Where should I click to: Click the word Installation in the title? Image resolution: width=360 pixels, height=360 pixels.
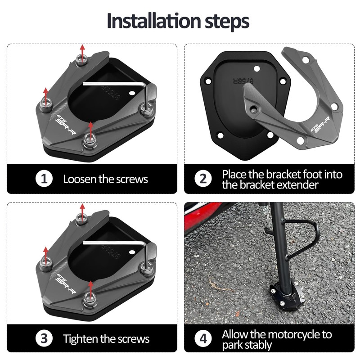point(154,21)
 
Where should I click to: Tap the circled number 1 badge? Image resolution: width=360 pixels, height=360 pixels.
point(44,179)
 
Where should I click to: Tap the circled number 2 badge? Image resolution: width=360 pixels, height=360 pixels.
point(203,179)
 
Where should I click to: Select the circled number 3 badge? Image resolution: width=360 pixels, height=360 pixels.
point(44,338)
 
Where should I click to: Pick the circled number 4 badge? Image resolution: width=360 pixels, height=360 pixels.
point(203,338)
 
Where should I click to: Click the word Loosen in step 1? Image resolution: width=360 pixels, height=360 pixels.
point(80,179)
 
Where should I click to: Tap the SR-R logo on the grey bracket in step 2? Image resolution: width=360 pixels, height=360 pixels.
point(321,126)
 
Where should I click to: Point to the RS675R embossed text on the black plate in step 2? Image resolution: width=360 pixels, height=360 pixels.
point(243,81)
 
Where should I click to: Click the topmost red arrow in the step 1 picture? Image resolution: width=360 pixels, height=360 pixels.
point(82,54)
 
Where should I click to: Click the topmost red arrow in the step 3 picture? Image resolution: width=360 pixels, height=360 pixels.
point(82,213)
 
